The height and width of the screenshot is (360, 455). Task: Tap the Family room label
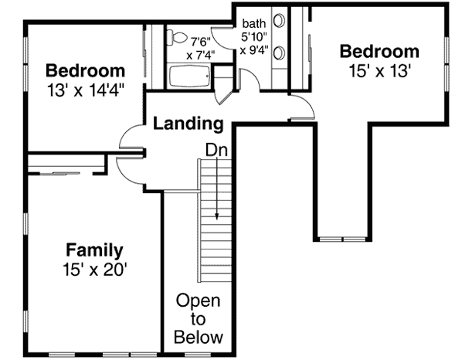click(93, 250)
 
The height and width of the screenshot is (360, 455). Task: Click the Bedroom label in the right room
click(379, 52)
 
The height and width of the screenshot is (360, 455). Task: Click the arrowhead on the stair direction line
click(217, 216)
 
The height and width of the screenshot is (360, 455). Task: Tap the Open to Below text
click(198, 318)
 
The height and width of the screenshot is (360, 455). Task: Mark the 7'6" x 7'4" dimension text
click(199, 48)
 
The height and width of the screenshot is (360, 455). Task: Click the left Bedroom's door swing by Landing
click(130, 138)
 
